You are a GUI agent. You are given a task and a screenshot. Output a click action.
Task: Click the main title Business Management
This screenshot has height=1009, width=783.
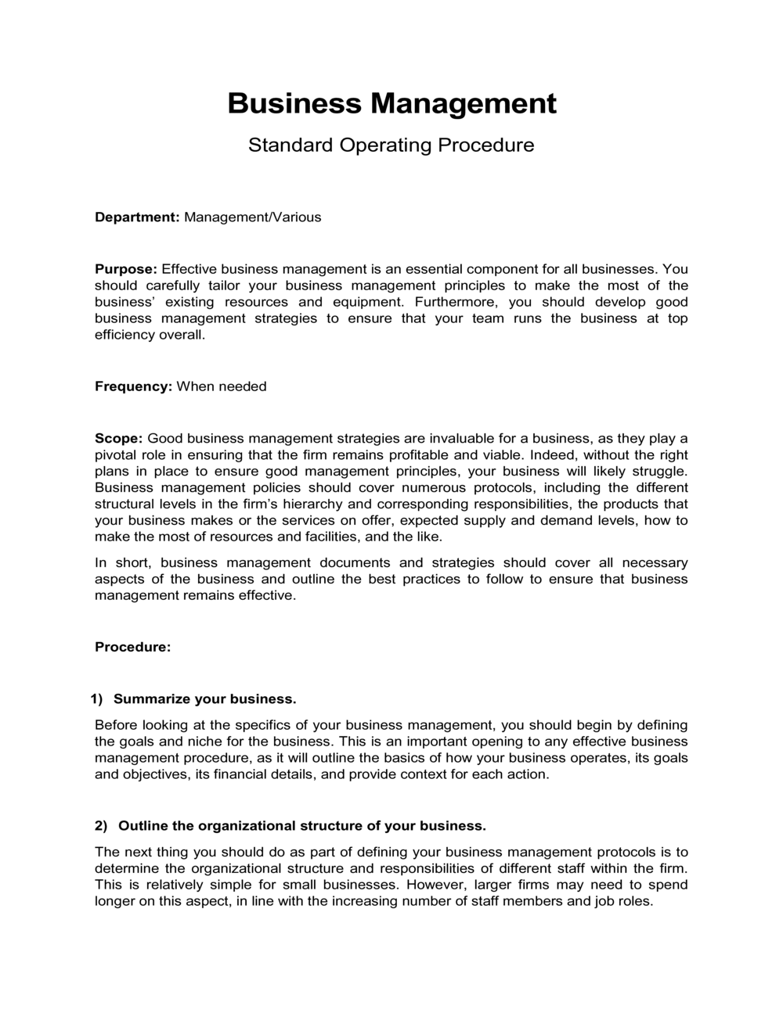click(x=391, y=103)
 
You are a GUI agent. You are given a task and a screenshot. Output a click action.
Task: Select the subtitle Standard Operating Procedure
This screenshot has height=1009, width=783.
click(x=391, y=145)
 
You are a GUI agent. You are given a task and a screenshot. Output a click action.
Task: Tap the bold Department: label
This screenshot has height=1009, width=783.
click(x=138, y=217)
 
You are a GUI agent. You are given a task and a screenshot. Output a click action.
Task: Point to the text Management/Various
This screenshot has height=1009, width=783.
click(x=252, y=217)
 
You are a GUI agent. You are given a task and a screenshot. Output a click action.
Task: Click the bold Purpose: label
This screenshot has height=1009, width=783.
click(x=126, y=269)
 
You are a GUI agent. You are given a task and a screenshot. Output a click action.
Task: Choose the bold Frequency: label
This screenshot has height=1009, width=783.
click(x=133, y=386)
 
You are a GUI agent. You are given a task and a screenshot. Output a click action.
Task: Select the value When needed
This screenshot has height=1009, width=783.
click(x=222, y=386)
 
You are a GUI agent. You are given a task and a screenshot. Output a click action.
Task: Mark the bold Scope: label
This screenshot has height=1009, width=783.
click(x=118, y=438)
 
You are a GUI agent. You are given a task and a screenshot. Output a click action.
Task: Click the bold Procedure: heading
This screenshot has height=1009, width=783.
click(x=132, y=648)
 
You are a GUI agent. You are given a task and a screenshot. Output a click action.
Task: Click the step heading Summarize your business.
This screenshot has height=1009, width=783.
click(x=204, y=698)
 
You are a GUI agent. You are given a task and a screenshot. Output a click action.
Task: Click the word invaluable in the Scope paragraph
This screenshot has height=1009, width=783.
click(x=467, y=438)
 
